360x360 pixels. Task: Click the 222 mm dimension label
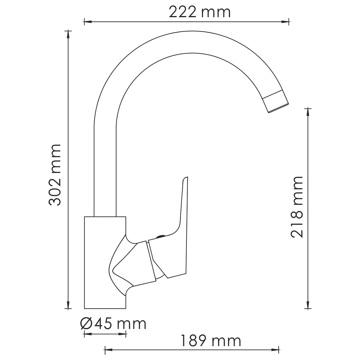point(200,12)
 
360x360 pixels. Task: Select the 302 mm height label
point(55,175)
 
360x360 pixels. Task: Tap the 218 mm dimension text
point(297,207)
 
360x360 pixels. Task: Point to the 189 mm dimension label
point(210,341)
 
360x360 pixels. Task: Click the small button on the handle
point(160,236)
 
